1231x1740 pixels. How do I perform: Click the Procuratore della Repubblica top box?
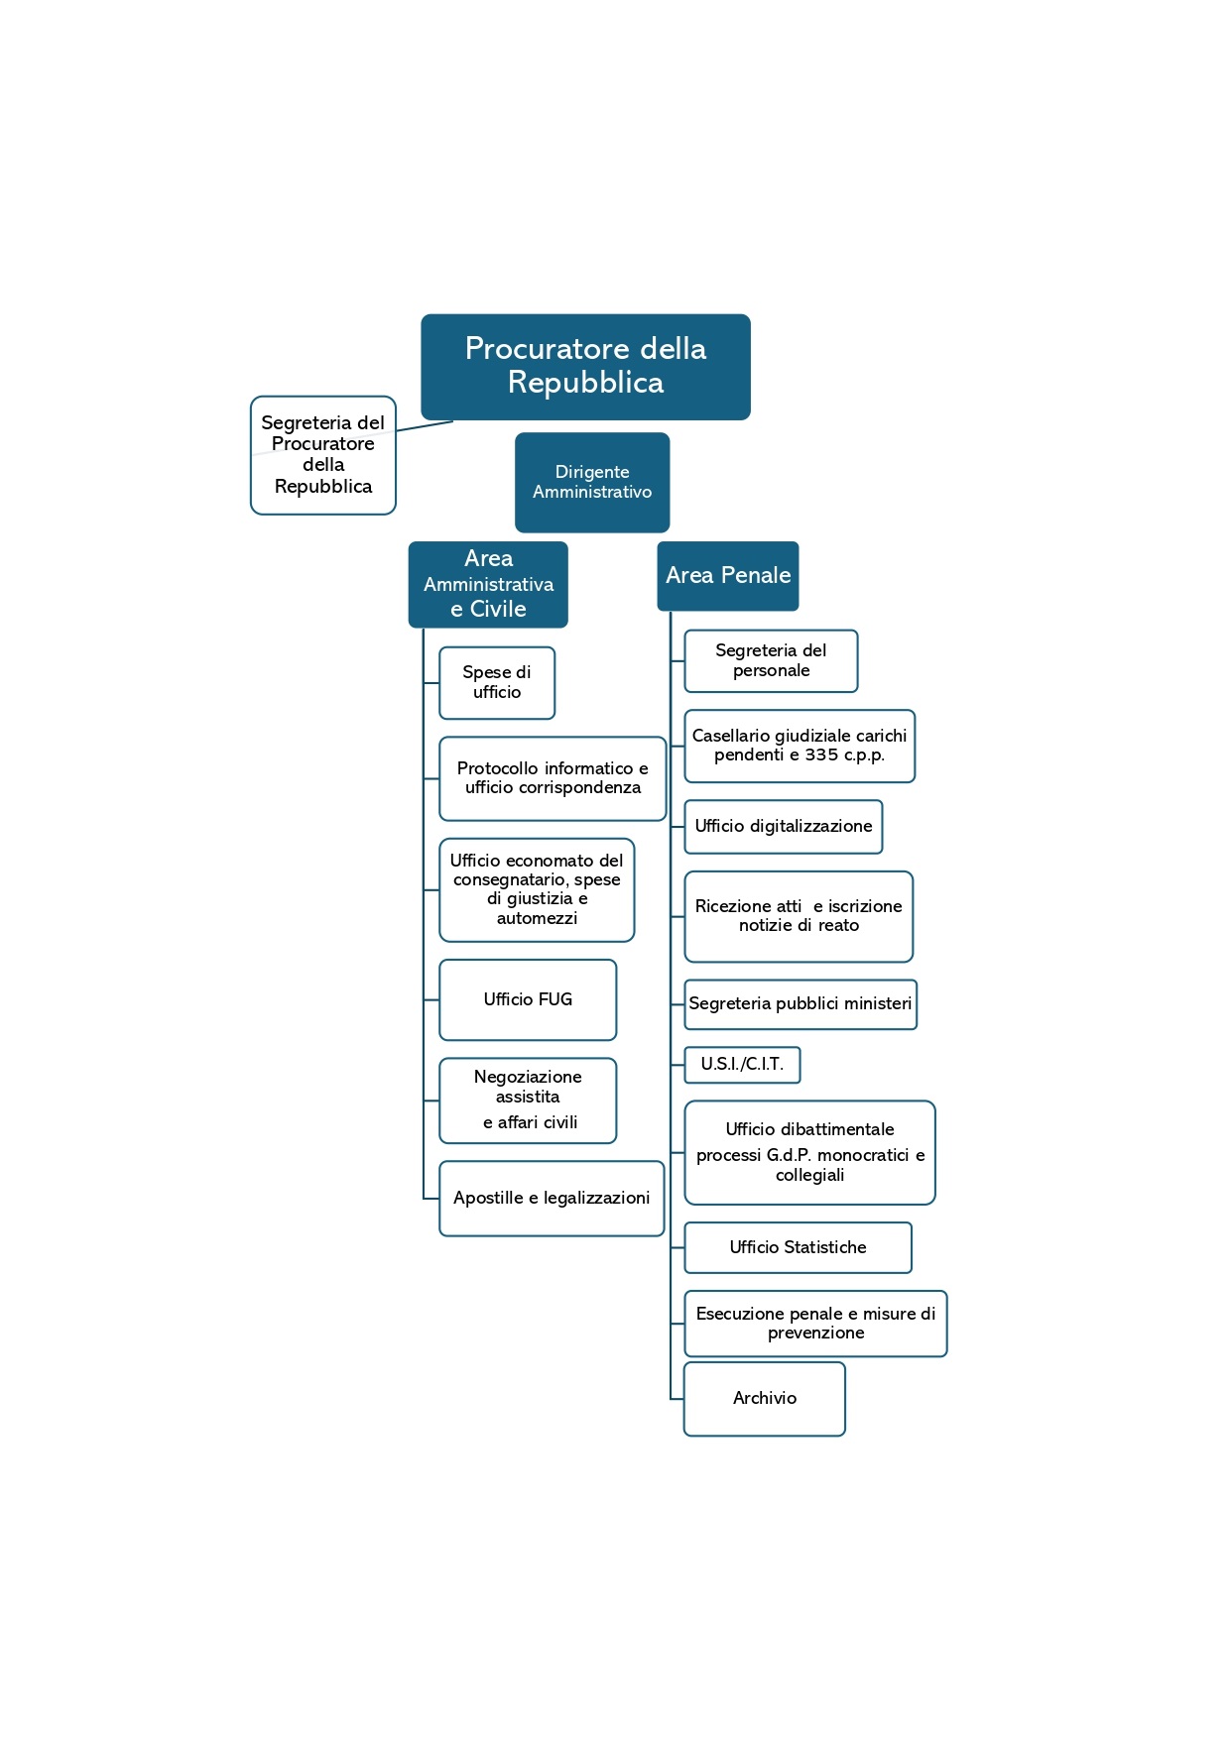[x=585, y=367]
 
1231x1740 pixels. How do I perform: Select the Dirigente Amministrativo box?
[x=592, y=482]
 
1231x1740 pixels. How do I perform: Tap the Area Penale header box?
[x=728, y=576]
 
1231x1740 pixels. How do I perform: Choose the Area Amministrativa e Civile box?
[x=488, y=584]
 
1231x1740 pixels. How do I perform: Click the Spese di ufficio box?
[x=497, y=683]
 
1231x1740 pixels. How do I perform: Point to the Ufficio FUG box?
[x=528, y=999]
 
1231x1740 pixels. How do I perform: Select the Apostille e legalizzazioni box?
[x=552, y=1199]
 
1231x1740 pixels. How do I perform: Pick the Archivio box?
[x=765, y=1399]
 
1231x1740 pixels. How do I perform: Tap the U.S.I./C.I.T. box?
[x=742, y=1065]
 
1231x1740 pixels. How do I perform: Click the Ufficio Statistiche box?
[x=799, y=1247]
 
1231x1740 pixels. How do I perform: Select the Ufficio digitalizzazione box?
[x=784, y=827]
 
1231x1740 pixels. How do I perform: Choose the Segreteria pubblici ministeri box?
[x=800, y=1004]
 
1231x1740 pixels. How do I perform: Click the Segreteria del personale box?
[x=771, y=660]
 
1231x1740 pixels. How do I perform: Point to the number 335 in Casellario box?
[x=821, y=755]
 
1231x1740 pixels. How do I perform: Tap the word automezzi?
[x=537, y=919]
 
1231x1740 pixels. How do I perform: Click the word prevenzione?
[x=815, y=1334]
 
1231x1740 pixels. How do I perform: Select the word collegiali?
[x=809, y=1176]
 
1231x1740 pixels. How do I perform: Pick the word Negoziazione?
[x=528, y=1078]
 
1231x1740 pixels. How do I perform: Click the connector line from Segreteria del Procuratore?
[x=425, y=426]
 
